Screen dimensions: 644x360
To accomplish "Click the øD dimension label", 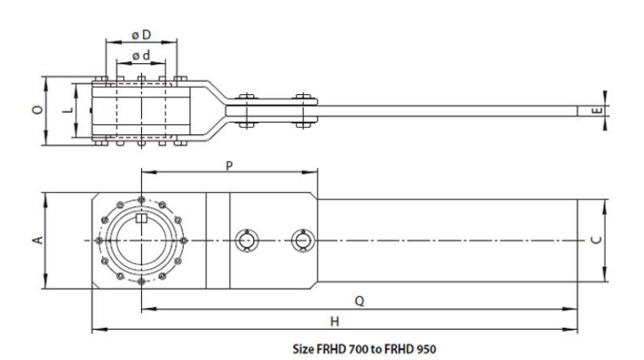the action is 141,36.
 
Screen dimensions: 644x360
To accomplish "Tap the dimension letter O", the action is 38,109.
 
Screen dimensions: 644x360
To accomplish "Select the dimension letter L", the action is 68,109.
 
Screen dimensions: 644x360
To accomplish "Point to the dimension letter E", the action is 598,110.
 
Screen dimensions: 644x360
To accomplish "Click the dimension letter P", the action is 229,166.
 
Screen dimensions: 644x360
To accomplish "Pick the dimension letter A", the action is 38,240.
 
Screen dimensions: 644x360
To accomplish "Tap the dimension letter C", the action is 598,240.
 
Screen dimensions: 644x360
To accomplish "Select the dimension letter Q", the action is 360,301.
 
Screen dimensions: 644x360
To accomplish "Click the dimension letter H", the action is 335,322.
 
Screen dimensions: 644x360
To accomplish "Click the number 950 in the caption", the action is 426,349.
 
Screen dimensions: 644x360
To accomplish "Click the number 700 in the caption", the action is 358,349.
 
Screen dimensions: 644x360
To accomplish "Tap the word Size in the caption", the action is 303,349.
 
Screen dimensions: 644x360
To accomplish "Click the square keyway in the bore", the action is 141,218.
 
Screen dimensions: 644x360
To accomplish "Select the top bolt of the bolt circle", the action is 141,200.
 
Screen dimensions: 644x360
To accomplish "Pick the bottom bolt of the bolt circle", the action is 141,282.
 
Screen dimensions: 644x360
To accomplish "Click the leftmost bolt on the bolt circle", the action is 99,240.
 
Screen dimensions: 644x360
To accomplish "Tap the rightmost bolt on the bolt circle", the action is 184,240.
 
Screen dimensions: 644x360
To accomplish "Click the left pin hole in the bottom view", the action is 246,240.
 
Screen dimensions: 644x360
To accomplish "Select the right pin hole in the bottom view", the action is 303,240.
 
